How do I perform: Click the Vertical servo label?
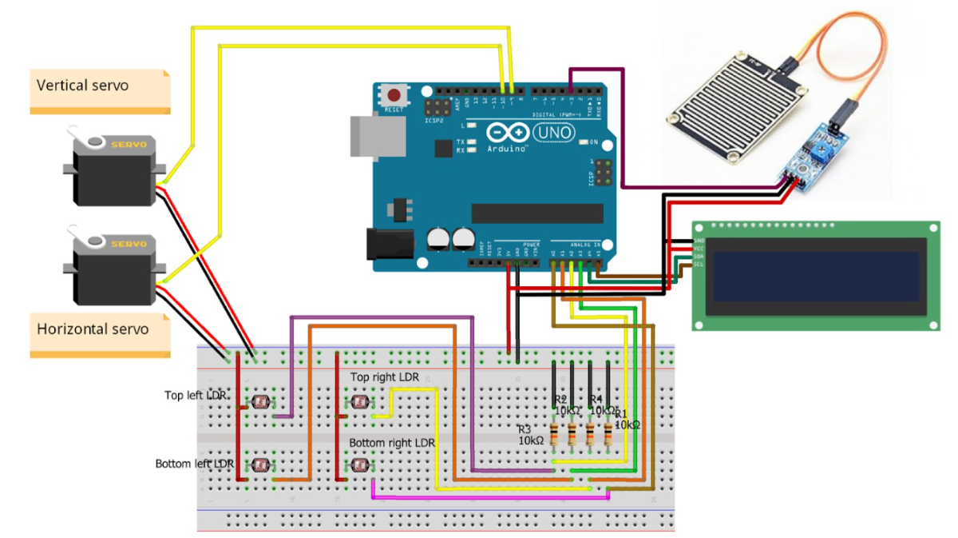click(83, 85)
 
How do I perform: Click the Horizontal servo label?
click(93, 329)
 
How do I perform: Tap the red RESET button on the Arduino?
click(393, 93)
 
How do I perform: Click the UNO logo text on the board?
click(554, 130)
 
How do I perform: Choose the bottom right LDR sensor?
click(359, 464)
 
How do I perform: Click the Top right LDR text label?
click(390, 377)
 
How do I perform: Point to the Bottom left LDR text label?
click(194, 464)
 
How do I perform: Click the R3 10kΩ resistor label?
click(530, 434)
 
